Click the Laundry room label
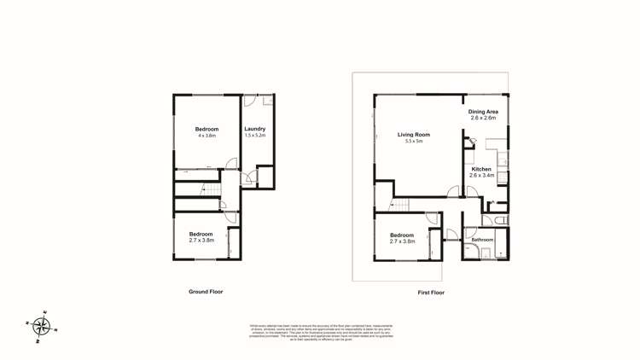point(255,129)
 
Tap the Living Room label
point(414,134)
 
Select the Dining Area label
point(483,112)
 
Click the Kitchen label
point(481,169)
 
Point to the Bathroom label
point(483,240)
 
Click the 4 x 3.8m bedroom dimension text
point(207,136)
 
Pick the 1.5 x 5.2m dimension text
point(255,136)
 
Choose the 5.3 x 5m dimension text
point(414,141)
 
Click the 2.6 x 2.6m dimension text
point(483,119)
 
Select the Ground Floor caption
point(206,292)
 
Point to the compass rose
point(41,325)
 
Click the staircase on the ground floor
point(207,191)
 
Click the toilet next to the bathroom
point(501,220)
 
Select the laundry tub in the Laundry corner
point(268,101)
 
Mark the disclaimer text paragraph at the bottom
point(321,329)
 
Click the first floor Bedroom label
point(402,235)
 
